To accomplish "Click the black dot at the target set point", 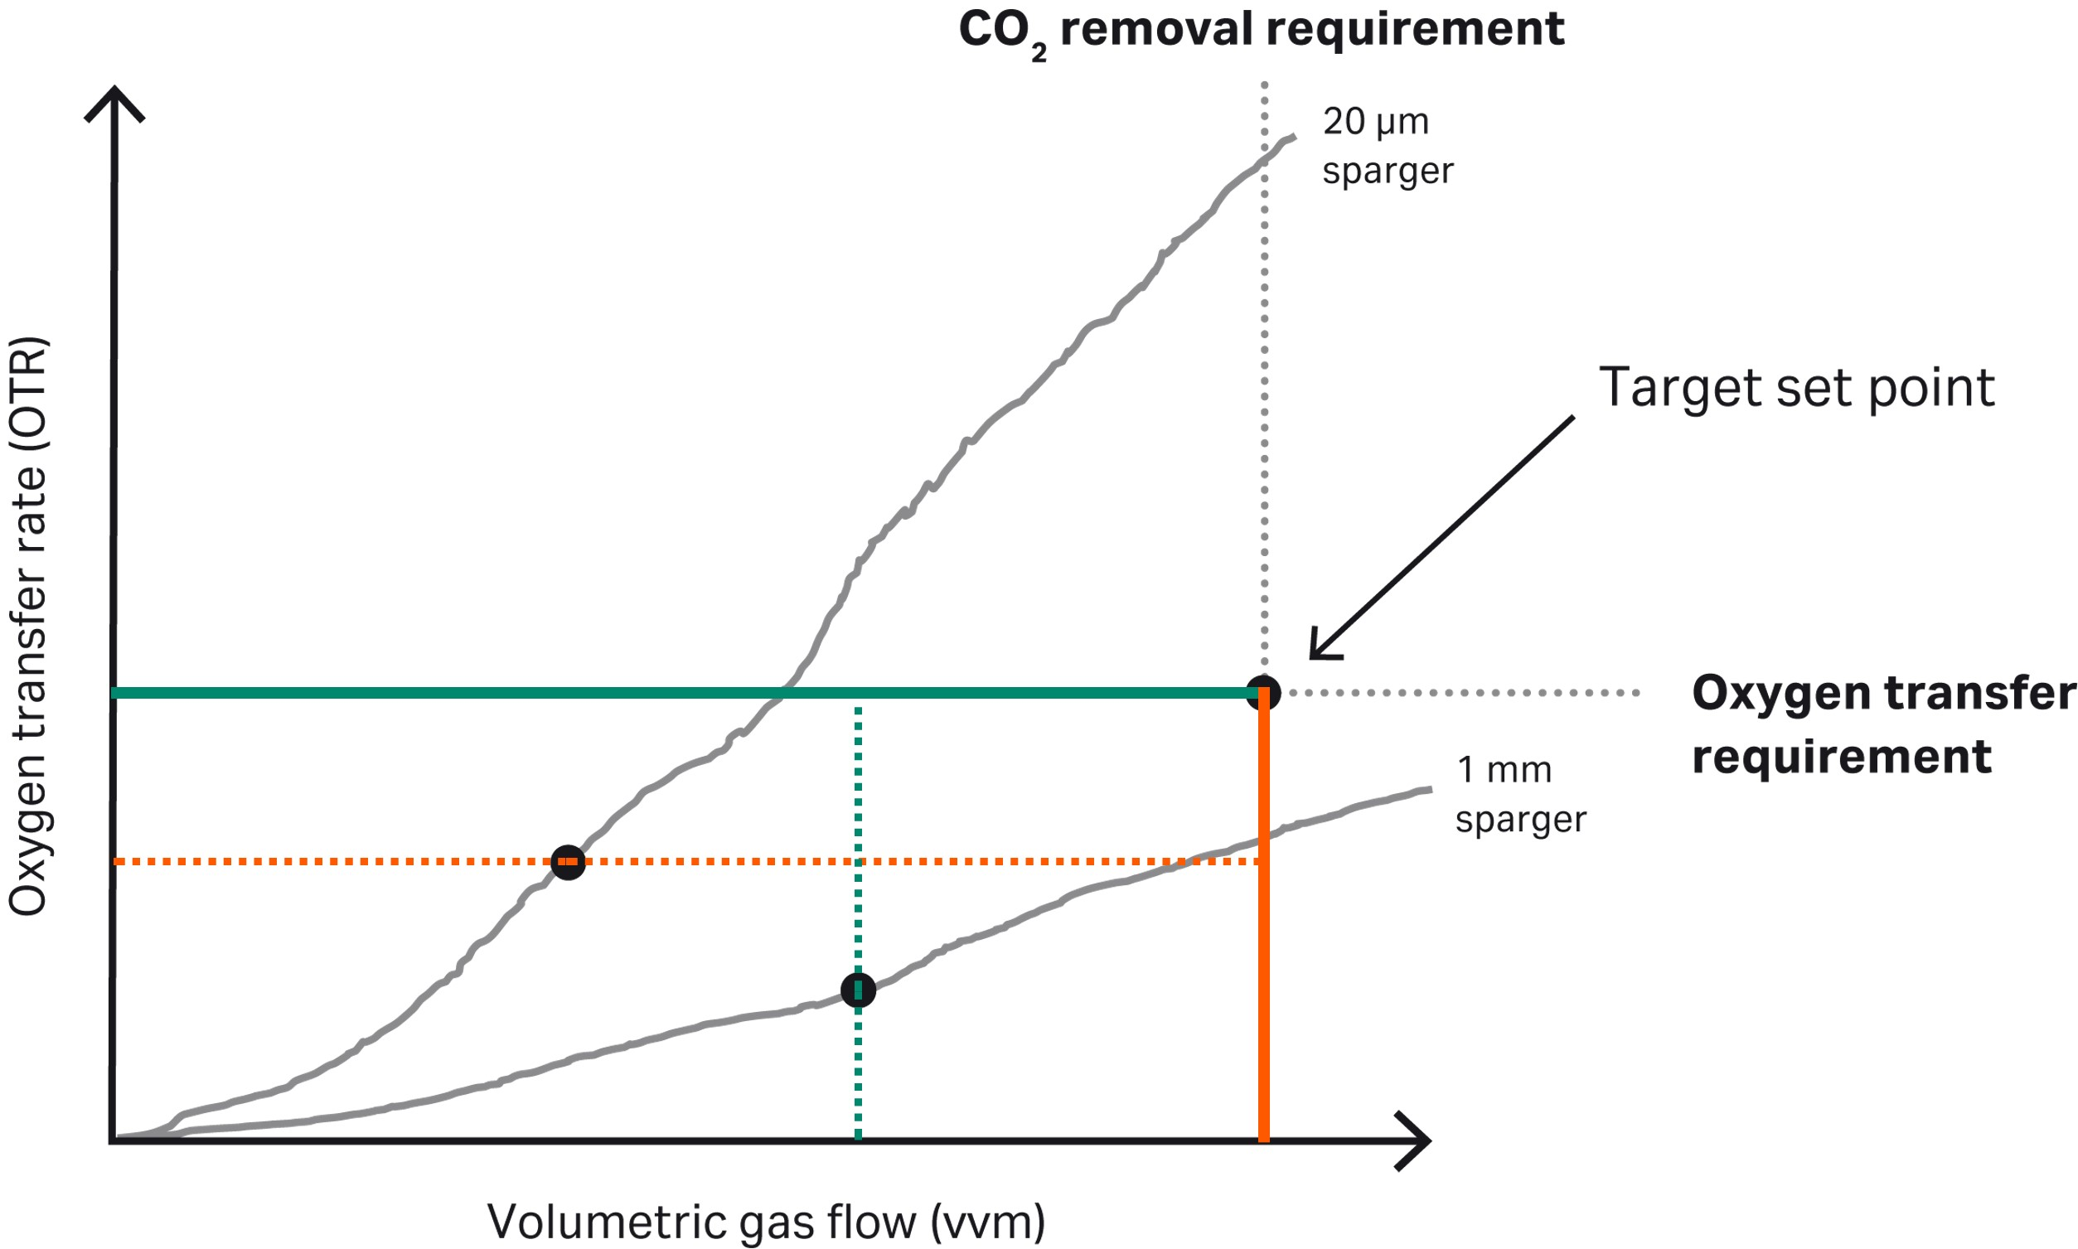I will [1262, 693].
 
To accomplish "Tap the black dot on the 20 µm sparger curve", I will [568, 862].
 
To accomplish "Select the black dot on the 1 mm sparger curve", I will [858, 990].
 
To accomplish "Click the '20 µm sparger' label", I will [1386, 146].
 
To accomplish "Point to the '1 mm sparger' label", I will [1519, 794].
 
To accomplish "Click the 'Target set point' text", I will [1796, 388].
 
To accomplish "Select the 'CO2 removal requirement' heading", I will [1261, 31].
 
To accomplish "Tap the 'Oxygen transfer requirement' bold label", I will [1882, 724].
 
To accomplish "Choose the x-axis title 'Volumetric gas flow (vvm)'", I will [765, 1221].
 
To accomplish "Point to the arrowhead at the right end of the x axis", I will [1416, 1141].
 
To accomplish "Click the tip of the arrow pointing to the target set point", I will [1314, 656].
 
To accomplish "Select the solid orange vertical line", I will [1263, 926].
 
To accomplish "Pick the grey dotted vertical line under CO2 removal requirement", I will [1264, 379].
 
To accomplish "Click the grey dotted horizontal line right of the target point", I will [1465, 693].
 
